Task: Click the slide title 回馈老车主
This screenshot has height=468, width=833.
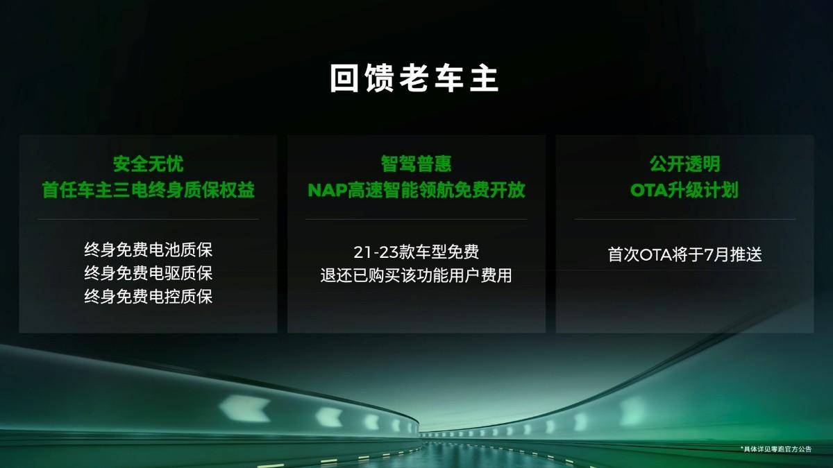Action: pos(414,78)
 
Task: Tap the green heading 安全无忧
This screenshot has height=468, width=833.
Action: pos(148,164)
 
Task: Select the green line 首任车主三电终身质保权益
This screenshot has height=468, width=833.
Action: pos(148,190)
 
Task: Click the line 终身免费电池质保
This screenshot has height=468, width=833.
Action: pos(148,250)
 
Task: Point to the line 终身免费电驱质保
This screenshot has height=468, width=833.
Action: pos(148,273)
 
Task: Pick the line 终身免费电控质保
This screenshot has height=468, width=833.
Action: pos(148,297)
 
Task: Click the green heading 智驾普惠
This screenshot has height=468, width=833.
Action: pos(416,164)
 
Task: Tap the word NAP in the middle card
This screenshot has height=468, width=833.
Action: pos(327,190)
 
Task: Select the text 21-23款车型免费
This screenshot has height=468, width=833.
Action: pos(416,252)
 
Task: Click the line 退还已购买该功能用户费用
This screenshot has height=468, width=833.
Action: pos(416,275)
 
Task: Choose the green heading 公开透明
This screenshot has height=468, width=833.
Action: pos(684,164)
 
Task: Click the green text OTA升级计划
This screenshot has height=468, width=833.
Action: pos(684,190)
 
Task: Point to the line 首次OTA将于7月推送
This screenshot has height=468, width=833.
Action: pos(684,254)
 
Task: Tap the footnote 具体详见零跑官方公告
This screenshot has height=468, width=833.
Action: pos(776,449)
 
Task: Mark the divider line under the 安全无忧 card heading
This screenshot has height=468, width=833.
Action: pos(148,220)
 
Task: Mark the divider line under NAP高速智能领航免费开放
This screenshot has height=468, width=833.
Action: pos(416,220)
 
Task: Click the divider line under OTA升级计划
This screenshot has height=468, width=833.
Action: pos(684,220)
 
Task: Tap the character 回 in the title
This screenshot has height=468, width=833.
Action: pos(344,78)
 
